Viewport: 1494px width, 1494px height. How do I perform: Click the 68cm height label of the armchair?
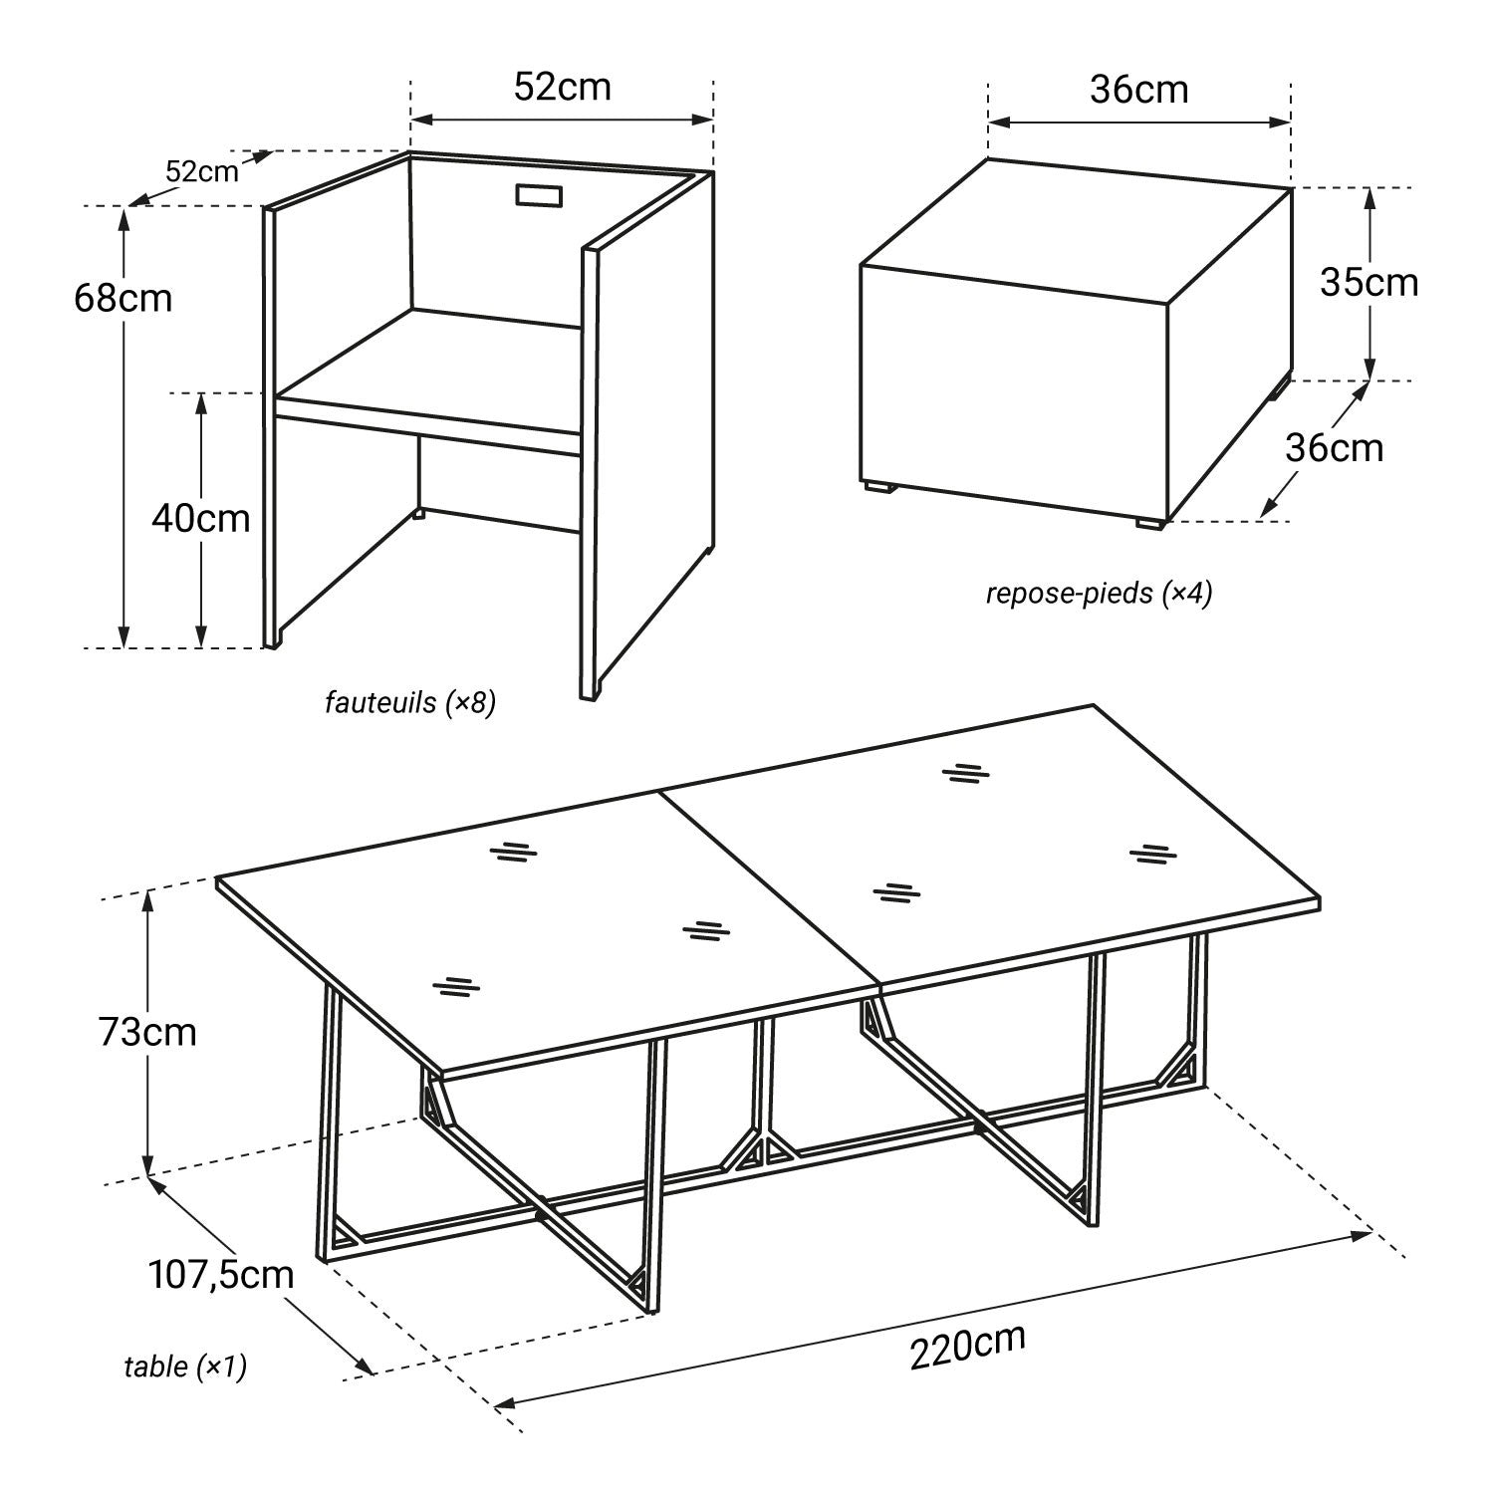[123, 298]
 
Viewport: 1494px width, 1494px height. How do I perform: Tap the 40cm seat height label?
[201, 518]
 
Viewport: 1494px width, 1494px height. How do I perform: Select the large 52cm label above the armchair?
[563, 87]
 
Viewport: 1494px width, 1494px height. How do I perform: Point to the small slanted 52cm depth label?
[202, 171]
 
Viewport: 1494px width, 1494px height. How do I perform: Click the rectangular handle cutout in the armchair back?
[540, 195]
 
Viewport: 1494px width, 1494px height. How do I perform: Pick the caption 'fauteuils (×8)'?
[410, 703]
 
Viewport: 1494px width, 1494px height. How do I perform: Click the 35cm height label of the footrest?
[1369, 283]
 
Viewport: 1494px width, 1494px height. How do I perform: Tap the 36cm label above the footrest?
[1139, 90]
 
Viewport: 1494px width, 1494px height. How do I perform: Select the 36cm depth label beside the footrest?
[1335, 448]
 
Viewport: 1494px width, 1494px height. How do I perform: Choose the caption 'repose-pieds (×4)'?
[1100, 594]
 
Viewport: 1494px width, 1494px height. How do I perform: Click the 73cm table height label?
[147, 1032]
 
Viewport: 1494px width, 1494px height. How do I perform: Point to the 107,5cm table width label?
[221, 1274]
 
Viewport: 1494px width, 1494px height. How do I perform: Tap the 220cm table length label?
[967, 1348]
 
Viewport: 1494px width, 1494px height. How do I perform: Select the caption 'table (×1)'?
[185, 1367]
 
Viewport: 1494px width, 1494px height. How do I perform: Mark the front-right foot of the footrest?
[1150, 523]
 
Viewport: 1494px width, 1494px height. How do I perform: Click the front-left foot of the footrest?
[878, 487]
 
